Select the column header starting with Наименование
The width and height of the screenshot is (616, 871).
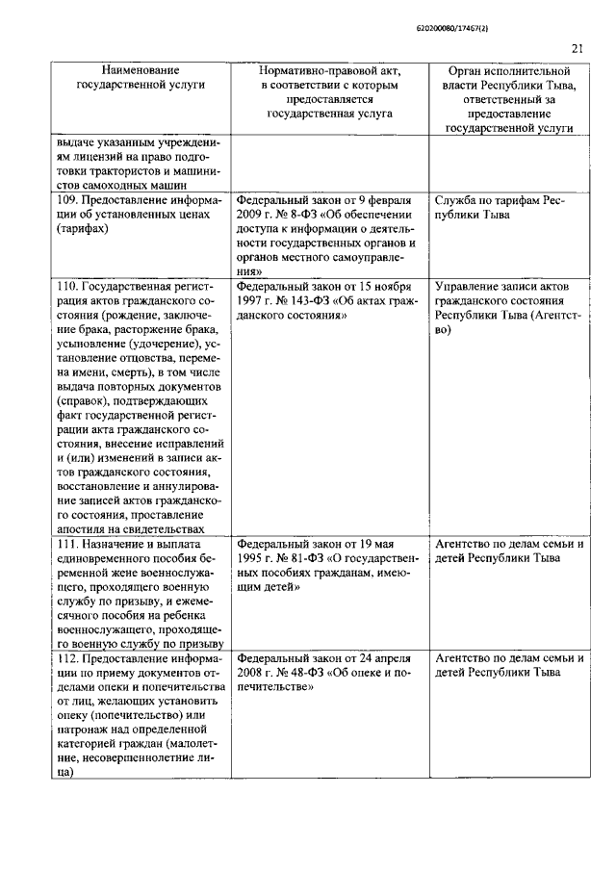tap(141, 79)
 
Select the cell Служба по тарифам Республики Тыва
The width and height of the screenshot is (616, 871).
tap(499, 207)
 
